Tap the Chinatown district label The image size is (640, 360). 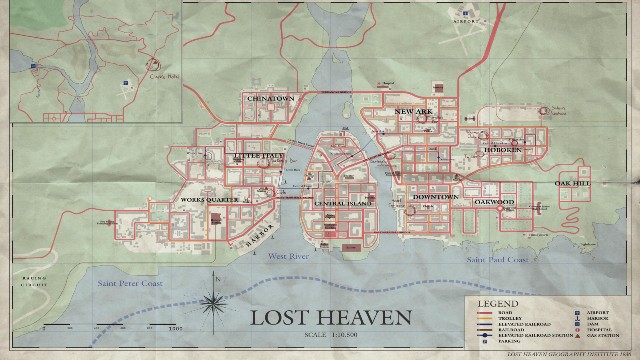coord(270,100)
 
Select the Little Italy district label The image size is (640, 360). coord(258,158)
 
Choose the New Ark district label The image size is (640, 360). coord(412,111)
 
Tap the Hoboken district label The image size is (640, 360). coord(506,151)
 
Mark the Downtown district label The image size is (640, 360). coord(434,198)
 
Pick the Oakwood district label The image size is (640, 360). coord(494,202)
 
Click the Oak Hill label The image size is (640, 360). coord(574,183)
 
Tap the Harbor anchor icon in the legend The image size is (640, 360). coord(579,317)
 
